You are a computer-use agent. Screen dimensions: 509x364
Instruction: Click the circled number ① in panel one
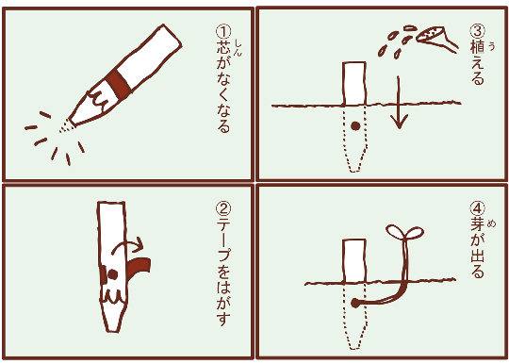(223, 33)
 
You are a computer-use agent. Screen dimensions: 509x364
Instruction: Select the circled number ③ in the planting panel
(478, 31)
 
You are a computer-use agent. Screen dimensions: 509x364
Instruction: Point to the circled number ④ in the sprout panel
(478, 208)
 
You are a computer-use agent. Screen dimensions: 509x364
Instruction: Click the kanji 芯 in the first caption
(223, 48)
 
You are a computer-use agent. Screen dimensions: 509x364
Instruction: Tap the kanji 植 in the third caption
(478, 47)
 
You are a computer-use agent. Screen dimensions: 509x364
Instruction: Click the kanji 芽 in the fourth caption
(478, 224)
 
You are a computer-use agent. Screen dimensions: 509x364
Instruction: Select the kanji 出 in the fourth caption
(478, 256)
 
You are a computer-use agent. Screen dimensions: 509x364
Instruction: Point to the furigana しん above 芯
(238, 48)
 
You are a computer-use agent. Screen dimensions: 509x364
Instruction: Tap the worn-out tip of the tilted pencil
(66, 125)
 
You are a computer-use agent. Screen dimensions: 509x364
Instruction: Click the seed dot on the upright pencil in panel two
(112, 274)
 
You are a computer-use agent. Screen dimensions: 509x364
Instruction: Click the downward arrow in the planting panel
(399, 102)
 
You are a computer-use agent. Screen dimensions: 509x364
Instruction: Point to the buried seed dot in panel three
(355, 126)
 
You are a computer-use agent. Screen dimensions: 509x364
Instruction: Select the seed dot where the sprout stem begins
(355, 304)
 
